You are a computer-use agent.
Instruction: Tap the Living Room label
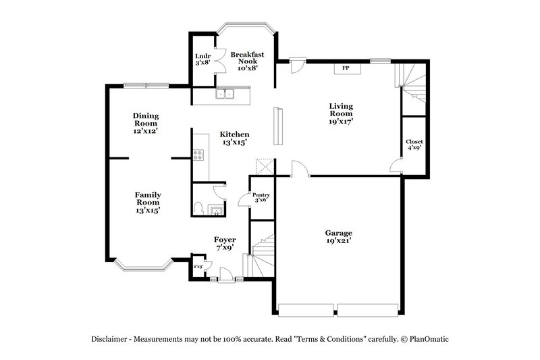pyautogui.click(x=340, y=113)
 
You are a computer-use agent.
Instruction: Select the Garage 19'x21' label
pyautogui.click(x=340, y=236)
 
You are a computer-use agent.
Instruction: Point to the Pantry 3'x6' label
pyautogui.click(x=261, y=198)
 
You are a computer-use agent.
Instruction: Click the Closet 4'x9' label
pyautogui.click(x=414, y=145)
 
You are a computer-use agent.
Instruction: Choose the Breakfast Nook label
pyautogui.click(x=246, y=61)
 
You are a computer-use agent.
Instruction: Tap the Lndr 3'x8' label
pyautogui.click(x=202, y=59)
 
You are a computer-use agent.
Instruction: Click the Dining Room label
pyautogui.click(x=145, y=124)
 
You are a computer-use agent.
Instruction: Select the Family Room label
pyautogui.click(x=147, y=203)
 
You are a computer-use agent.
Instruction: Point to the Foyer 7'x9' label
pyautogui.click(x=225, y=243)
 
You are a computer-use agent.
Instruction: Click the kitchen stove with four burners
pyautogui.click(x=199, y=156)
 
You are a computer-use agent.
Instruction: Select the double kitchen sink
pyautogui.click(x=225, y=95)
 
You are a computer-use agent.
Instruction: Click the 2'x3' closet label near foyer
pyautogui.click(x=198, y=266)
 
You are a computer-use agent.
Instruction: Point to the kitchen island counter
pyautogui.click(x=277, y=126)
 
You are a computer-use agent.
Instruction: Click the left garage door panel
pyautogui.click(x=306, y=310)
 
